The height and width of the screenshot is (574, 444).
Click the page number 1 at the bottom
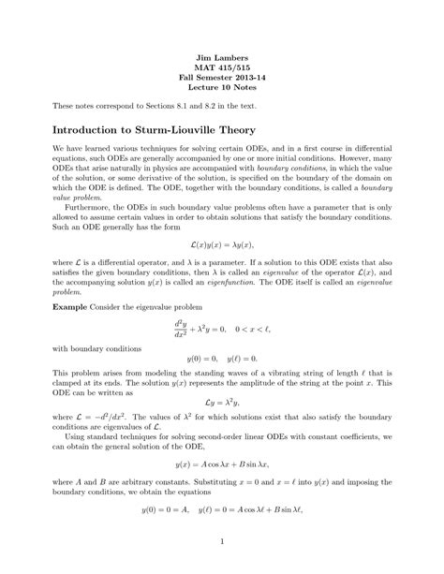click(222, 540)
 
